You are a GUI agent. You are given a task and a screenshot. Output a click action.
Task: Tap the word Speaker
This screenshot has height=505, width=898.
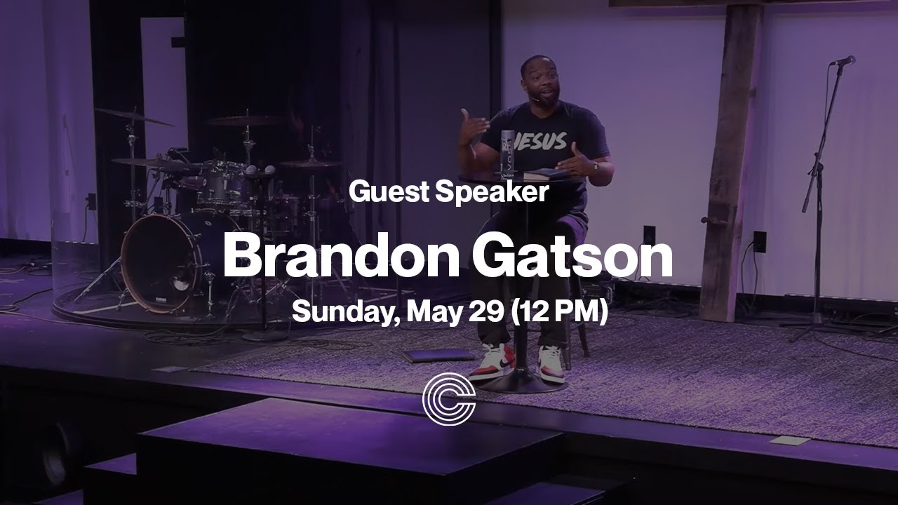point(491,192)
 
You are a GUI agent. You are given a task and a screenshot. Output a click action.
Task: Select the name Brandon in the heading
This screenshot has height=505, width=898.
point(341,257)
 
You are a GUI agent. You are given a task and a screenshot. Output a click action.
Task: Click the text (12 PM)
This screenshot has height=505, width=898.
point(559,311)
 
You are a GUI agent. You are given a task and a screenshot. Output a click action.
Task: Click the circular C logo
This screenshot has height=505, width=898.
point(449,399)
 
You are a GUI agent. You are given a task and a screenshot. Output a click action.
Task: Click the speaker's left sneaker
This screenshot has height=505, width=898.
point(551,362)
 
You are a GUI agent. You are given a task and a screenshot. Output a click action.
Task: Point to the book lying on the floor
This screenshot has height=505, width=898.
point(438,355)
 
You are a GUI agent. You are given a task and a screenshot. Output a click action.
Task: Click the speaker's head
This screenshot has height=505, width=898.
point(538,79)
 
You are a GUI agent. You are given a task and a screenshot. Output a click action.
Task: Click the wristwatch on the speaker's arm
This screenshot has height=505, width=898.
point(595,168)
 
